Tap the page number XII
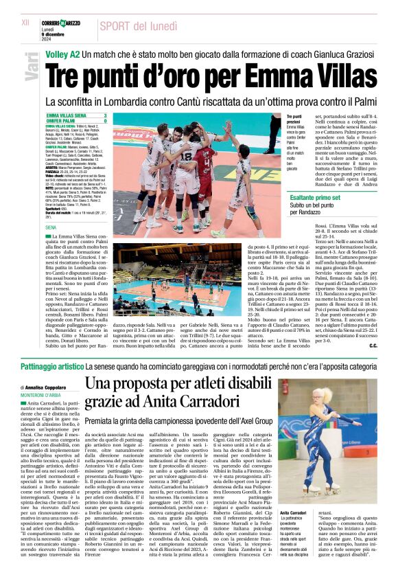coord(25,23)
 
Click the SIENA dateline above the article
coord(50,226)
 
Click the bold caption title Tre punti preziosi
coord(294,120)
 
